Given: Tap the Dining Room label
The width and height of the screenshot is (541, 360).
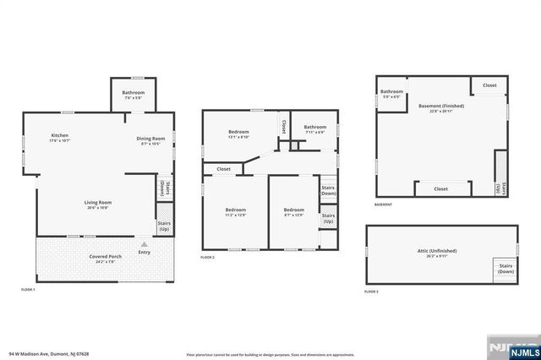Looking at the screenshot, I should (x=151, y=141).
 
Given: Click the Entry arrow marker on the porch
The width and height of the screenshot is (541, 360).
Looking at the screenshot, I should (x=143, y=243).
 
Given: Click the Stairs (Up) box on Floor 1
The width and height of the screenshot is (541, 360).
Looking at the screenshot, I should (x=164, y=226).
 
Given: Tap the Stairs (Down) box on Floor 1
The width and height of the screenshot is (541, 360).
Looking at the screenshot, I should (x=164, y=187).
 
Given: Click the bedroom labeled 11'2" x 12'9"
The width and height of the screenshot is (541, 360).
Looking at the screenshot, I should (x=236, y=213).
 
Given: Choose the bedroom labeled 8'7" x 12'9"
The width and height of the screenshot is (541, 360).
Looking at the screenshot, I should (x=293, y=213).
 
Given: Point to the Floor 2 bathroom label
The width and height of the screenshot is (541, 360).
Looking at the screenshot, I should (x=315, y=129).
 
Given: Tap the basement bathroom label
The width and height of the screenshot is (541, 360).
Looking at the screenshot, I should (x=391, y=94).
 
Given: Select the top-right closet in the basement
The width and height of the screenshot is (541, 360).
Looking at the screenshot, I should (x=489, y=85).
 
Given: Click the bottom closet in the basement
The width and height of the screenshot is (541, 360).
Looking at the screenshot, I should (x=440, y=189).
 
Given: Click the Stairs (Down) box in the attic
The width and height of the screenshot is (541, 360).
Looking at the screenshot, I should (x=505, y=270).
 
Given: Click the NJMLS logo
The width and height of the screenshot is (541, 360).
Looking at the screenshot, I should (x=516, y=348).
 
